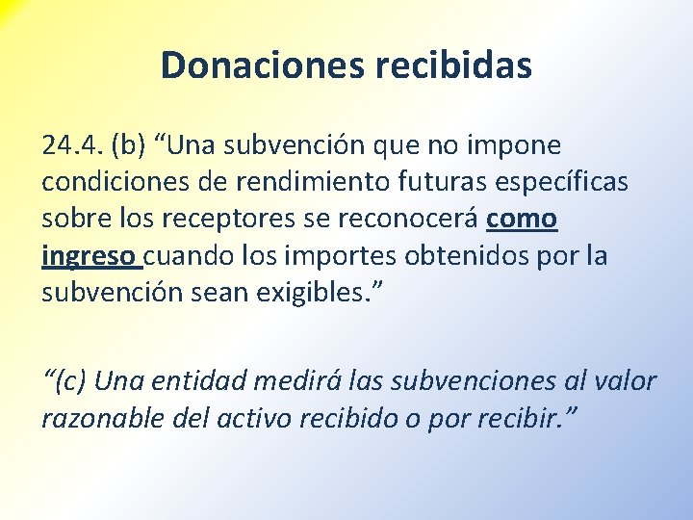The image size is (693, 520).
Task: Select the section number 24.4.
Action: coord(72,145)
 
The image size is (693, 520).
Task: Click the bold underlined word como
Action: coord(522,219)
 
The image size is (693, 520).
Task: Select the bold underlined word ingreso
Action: coord(90,256)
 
